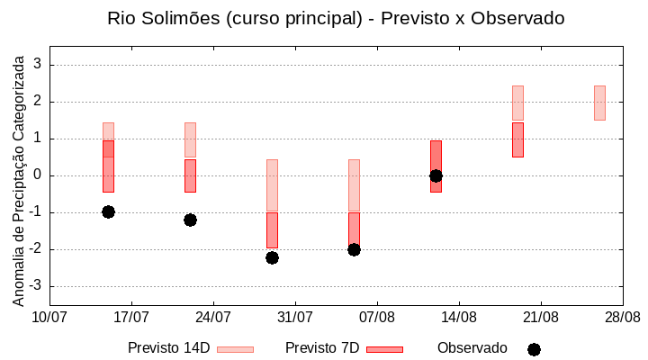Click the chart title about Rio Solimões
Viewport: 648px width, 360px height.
click(x=336, y=18)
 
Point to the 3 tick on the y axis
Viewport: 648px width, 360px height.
click(x=38, y=65)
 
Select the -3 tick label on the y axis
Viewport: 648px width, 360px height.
click(x=35, y=286)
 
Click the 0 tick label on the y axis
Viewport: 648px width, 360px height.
click(x=38, y=175)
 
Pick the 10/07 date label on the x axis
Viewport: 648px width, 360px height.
click(x=49, y=317)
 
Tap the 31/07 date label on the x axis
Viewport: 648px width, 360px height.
click(x=295, y=317)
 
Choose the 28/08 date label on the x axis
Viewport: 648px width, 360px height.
click(x=622, y=317)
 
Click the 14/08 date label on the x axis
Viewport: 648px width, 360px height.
click(x=459, y=317)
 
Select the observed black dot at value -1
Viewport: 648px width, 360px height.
click(x=108, y=211)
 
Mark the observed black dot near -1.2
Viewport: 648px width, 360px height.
click(x=190, y=220)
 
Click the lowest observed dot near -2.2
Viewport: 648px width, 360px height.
click(x=272, y=257)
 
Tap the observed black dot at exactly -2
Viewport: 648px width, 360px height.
click(x=354, y=249)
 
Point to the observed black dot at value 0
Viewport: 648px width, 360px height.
click(x=436, y=175)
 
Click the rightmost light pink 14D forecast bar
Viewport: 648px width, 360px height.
click(x=599, y=103)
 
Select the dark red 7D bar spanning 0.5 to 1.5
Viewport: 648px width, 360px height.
click(x=517, y=139)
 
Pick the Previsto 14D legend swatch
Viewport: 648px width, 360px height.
click(x=235, y=349)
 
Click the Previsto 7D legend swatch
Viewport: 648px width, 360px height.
click(x=384, y=349)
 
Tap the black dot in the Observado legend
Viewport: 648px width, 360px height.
click(x=534, y=349)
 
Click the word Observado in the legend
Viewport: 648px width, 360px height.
click(x=472, y=348)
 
